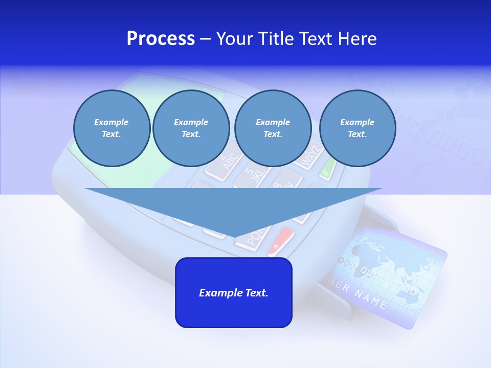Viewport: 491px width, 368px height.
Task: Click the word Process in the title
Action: click(161, 39)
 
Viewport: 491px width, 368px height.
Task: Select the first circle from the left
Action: click(111, 128)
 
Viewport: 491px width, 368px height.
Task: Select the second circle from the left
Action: click(191, 128)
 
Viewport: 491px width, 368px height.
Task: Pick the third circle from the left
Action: click(273, 128)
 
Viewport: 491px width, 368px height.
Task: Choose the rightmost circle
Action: click(358, 128)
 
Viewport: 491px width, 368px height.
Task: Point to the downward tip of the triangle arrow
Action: click(234, 236)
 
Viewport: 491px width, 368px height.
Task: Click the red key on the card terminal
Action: click(281, 242)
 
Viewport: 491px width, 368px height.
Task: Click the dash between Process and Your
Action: click(205, 39)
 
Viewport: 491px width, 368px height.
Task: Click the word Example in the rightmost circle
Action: click(357, 122)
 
